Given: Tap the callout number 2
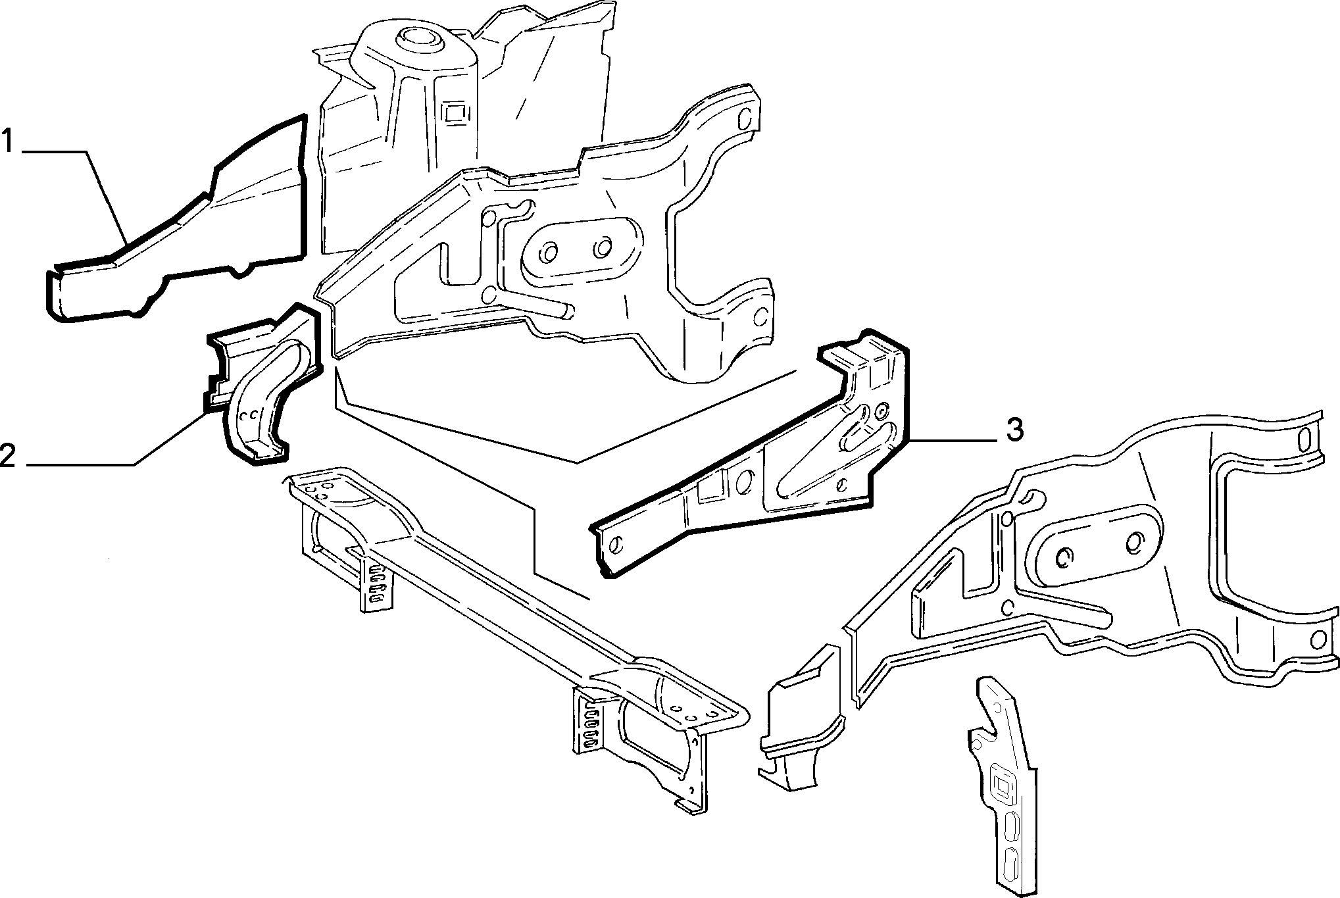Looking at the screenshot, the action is pyautogui.click(x=8, y=455).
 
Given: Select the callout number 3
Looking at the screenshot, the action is pyautogui.click(x=1014, y=430).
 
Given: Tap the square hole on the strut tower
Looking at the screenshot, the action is pyautogui.click(x=454, y=113).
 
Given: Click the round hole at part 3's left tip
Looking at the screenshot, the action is pyautogui.click(x=617, y=545).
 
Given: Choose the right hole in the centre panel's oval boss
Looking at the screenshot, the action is pyautogui.click(x=602, y=249).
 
